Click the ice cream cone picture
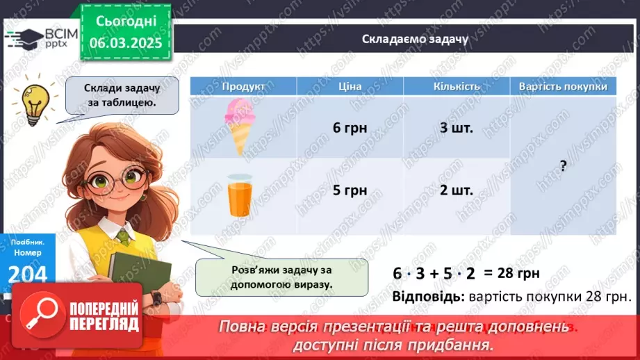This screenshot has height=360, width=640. tap(240, 126)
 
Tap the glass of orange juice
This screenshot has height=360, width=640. tap(240, 195)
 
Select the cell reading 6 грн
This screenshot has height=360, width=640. tap(350, 128)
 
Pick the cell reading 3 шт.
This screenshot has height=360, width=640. tap(457, 128)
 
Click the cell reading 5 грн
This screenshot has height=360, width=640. tap(350, 190)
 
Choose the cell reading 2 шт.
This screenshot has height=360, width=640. tap(457, 190)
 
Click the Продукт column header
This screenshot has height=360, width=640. tap(243, 86)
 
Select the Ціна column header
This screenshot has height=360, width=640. tap(350, 86)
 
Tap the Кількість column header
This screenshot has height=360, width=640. tap(457, 86)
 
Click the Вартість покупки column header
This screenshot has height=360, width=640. tap(563, 86)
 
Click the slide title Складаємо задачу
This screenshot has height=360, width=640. tap(415, 38)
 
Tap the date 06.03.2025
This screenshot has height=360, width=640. tap(126, 43)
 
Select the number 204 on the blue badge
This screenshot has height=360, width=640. tap(28, 274)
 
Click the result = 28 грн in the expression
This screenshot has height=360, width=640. tap(513, 273)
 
